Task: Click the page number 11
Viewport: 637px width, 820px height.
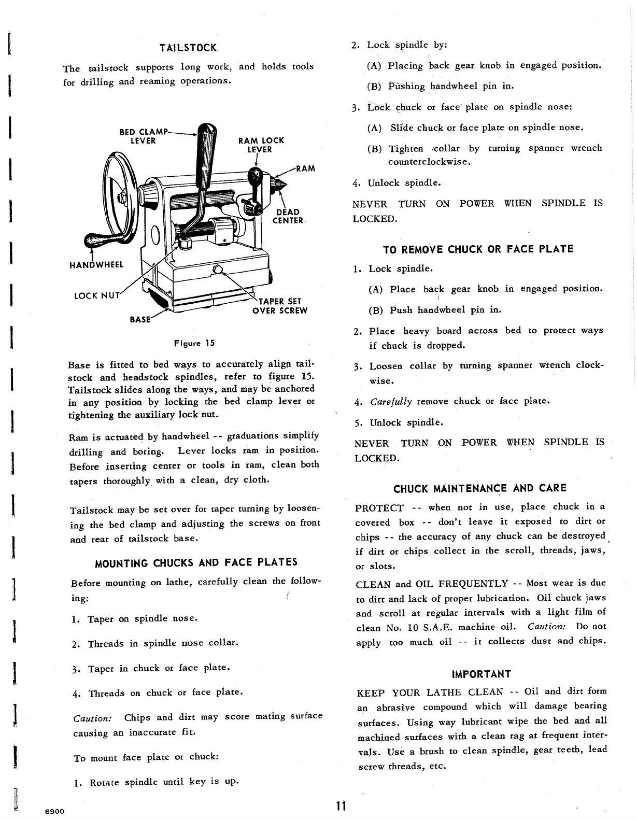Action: click(340, 806)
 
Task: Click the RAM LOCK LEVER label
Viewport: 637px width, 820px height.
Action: click(261, 145)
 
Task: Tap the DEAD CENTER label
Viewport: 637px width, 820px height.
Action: click(288, 216)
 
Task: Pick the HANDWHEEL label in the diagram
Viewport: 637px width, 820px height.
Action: click(96, 265)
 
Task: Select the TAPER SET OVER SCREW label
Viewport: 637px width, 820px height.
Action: click(280, 306)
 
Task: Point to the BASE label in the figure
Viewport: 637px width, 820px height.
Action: click(140, 319)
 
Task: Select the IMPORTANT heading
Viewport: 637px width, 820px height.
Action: click(482, 674)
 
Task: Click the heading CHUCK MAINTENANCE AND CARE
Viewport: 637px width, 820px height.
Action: click(480, 488)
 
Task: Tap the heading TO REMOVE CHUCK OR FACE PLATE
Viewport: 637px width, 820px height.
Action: click(478, 249)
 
